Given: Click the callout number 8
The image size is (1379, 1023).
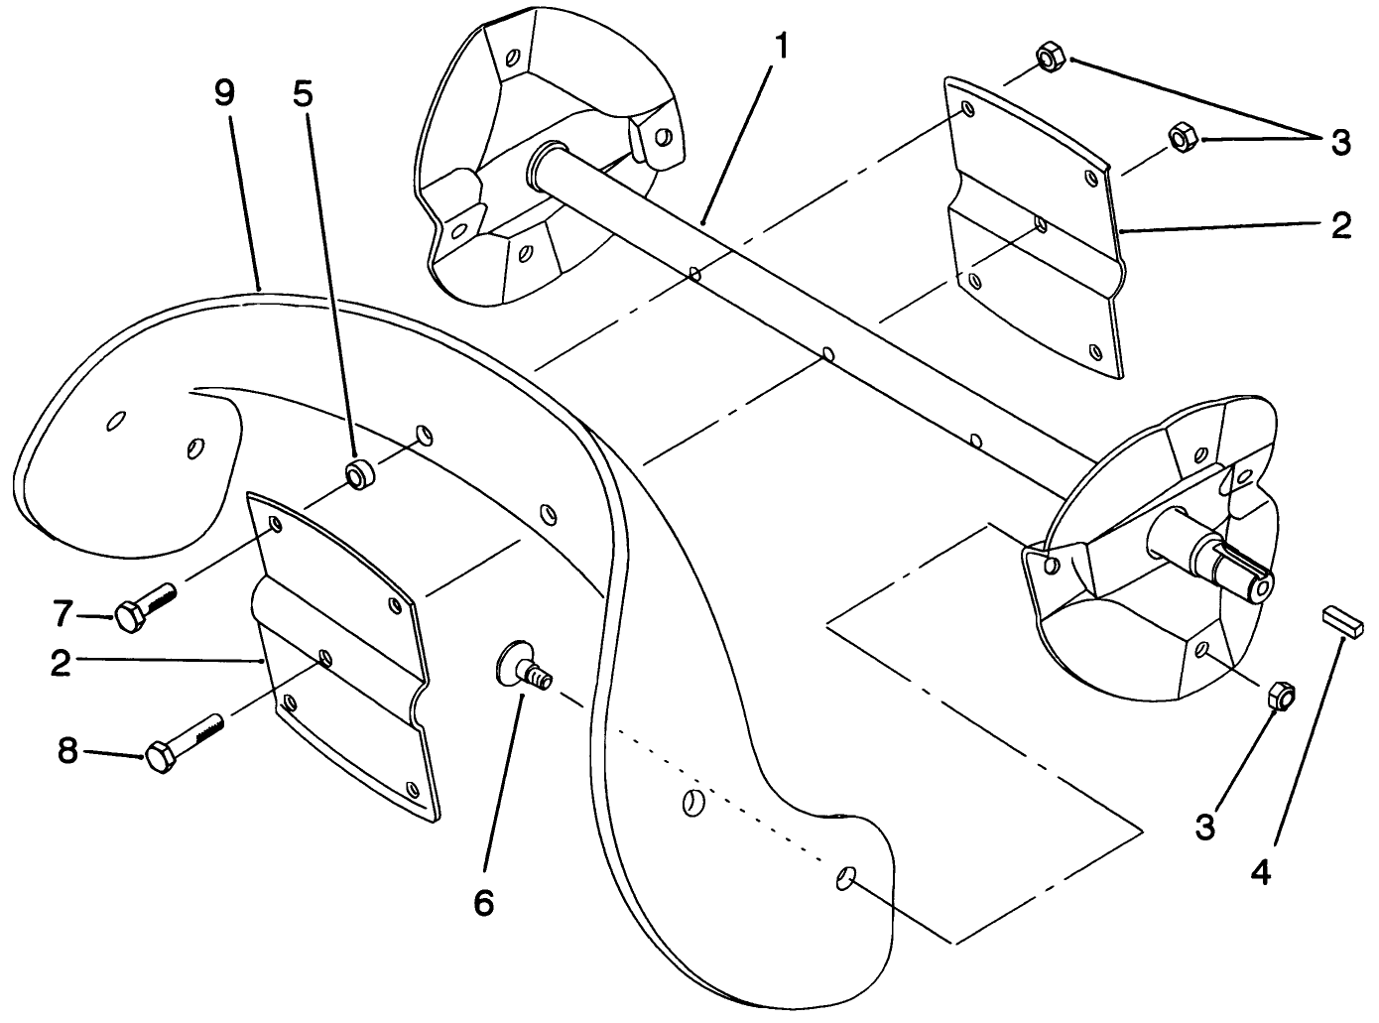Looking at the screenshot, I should click(x=66, y=751).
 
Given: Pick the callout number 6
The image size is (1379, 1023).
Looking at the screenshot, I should click(x=483, y=902).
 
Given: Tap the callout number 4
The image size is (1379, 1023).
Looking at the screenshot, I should click(x=1260, y=872).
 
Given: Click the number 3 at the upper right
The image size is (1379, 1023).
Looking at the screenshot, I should click(x=1340, y=142).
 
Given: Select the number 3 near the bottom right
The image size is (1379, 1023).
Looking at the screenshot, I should click(x=1204, y=826).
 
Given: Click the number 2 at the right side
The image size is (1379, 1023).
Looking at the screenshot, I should click(x=1340, y=226).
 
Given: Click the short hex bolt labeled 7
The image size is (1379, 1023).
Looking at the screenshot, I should click(x=144, y=607).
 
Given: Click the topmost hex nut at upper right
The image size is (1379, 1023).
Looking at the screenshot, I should click(x=1050, y=58).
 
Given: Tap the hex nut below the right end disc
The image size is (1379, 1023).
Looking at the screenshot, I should click(x=1280, y=695).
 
